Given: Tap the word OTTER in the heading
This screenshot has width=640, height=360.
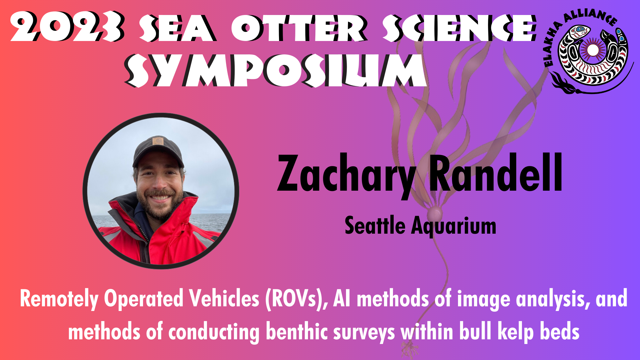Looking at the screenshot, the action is coord(299,28).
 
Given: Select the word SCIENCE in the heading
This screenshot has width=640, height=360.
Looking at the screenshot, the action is coord(460,28).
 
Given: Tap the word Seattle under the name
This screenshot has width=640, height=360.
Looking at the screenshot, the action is coord(375,225).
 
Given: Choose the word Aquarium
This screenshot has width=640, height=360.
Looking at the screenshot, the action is coord(454,227).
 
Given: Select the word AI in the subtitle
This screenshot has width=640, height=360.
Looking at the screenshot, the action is coord(342,298).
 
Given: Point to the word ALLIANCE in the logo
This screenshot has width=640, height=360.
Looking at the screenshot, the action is coord(590,17).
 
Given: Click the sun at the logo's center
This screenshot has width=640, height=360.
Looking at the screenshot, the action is coord(593,50).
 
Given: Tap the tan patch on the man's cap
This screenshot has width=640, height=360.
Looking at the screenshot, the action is coord(158,141).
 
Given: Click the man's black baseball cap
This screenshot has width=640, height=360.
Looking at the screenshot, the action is coord(158,151).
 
